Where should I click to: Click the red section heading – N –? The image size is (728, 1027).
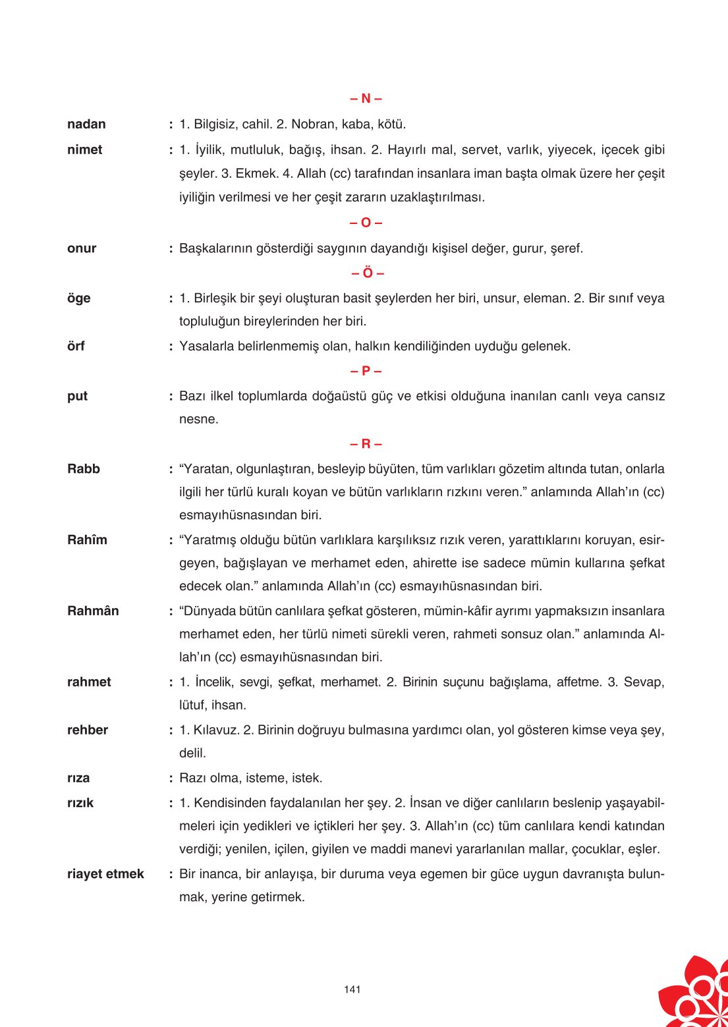(366, 99)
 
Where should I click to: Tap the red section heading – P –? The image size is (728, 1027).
(366, 371)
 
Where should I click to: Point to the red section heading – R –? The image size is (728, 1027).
(366, 444)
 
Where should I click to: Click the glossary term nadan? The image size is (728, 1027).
(86, 125)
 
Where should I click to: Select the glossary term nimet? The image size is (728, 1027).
(84, 150)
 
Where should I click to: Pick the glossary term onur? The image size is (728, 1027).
(82, 249)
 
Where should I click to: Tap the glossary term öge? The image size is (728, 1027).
(78, 298)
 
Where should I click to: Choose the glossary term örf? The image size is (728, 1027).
(76, 347)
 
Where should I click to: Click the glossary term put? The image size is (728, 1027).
(77, 397)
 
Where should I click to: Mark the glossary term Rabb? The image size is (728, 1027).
(84, 469)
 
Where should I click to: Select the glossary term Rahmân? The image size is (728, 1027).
(93, 611)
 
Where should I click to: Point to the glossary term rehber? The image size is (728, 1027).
(88, 730)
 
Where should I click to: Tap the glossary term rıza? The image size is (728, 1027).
(78, 778)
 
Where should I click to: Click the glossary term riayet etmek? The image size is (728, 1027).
(105, 874)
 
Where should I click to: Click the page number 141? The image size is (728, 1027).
(352, 989)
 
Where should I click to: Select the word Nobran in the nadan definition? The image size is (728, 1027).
(313, 125)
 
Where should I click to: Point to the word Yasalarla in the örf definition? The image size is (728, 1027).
(207, 347)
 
